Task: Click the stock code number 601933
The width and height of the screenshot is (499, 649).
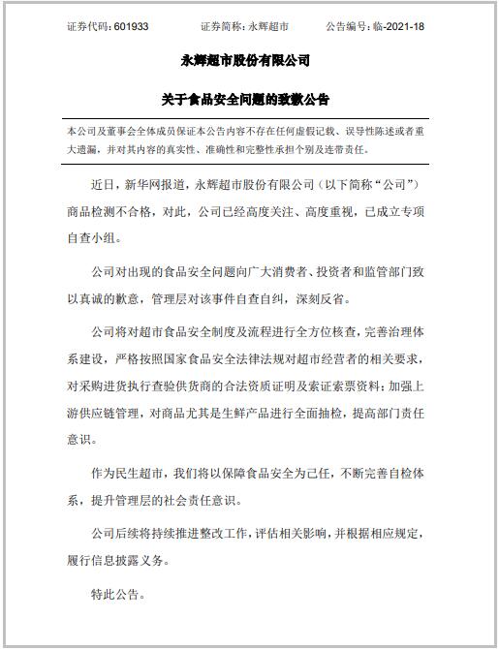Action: (130, 27)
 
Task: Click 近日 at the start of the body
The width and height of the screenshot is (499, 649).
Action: (103, 183)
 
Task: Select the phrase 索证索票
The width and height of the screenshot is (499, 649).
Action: (364, 384)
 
